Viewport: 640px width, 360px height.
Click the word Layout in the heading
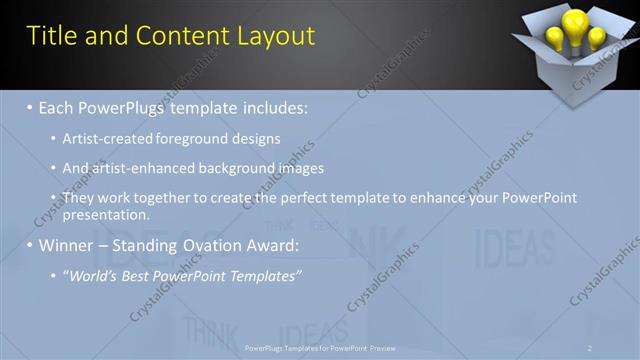click(276, 37)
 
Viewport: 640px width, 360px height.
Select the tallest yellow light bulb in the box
click(573, 24)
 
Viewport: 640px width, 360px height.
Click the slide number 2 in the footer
click(590, 348)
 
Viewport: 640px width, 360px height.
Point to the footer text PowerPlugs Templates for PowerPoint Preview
click(320, 348)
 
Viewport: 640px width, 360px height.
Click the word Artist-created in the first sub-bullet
click(106, 139)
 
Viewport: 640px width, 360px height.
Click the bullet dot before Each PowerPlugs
click(30, 106)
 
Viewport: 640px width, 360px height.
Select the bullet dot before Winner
click(30, 245)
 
